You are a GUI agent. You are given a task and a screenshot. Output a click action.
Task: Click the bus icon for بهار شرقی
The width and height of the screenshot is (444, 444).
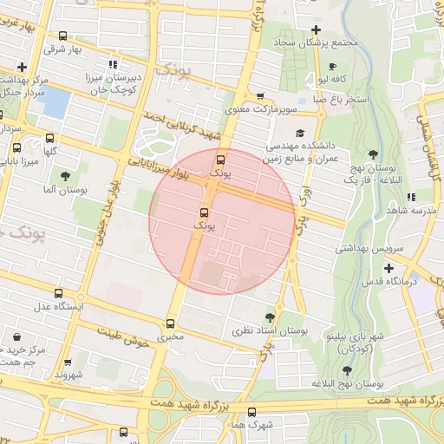pos(62,36)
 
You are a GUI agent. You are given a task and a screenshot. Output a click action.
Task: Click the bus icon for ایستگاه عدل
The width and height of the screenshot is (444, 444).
pos(58,293)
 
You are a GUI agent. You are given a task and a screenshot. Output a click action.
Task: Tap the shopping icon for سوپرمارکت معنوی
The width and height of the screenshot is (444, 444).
pos(260,97)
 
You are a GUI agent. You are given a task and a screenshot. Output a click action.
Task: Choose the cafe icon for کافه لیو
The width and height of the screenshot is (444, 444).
pos(333,67)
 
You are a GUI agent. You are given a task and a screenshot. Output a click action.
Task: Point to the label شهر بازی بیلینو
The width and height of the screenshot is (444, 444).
pos(356,334)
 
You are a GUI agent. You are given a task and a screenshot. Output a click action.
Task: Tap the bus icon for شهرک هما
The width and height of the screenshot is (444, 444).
pos(252,412)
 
